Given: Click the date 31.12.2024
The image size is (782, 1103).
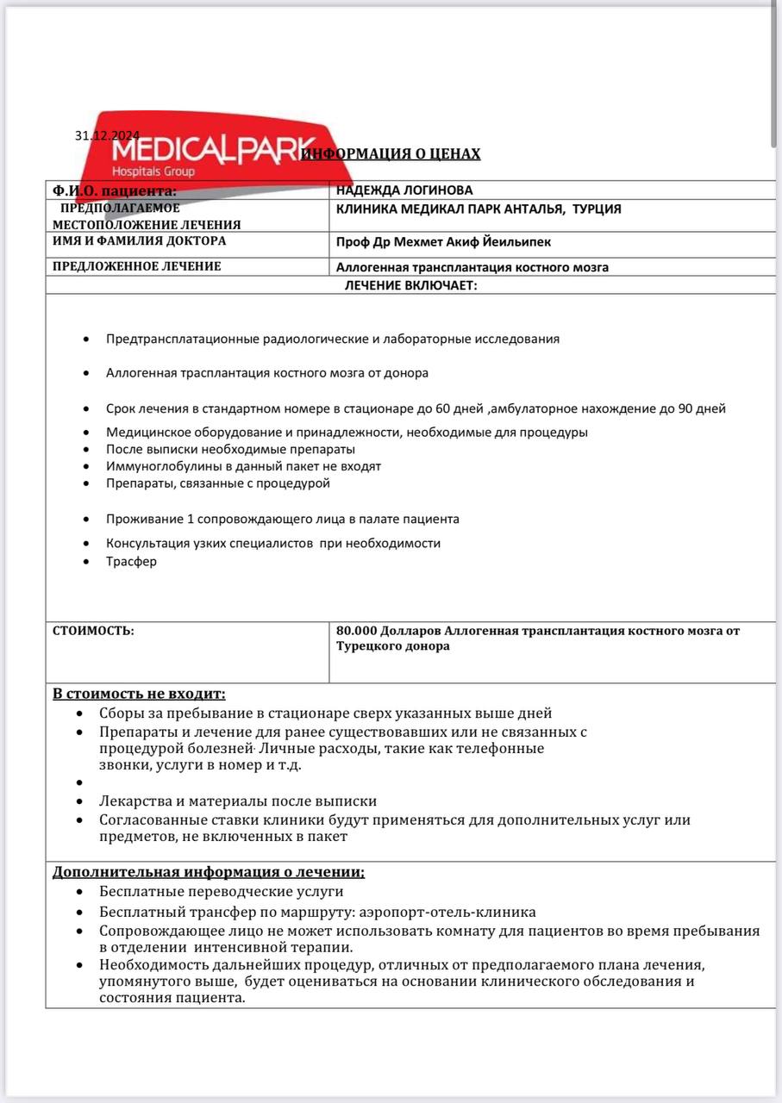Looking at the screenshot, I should click(x=107, y=135).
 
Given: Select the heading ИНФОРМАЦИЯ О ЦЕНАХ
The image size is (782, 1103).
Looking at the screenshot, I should click(x=391, y=154).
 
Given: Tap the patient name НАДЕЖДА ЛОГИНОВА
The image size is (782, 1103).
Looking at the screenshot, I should click(x=404, y=190).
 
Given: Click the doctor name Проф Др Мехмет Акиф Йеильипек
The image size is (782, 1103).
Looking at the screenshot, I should click(x=443, y=243).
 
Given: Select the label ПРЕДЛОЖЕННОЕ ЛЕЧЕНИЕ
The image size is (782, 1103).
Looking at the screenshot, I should click(x=137, y=266).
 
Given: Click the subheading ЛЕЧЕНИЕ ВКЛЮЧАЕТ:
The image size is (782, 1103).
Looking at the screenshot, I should click(x=410, y=285).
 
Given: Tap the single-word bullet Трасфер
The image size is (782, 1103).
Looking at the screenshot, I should click(x=131, y=561).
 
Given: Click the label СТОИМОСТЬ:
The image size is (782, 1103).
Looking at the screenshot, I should click(x=93, y=631).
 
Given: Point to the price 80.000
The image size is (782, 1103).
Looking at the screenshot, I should click(x=356, y=631).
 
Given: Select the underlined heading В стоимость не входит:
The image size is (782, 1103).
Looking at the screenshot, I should click(x=139, y=694).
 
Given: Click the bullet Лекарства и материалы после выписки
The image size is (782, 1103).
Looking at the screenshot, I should click(x=238, y=801).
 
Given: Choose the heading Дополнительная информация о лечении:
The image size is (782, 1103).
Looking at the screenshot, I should click(x=209, y=871).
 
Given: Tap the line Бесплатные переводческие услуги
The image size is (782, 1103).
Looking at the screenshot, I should click(x=221, y=892).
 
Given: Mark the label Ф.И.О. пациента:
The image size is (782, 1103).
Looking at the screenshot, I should click(x=115, y=190).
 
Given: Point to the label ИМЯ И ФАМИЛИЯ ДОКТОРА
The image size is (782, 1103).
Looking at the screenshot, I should click(x=140, y=241).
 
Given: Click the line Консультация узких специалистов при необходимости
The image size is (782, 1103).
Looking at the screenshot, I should click(x=273, y=544).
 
